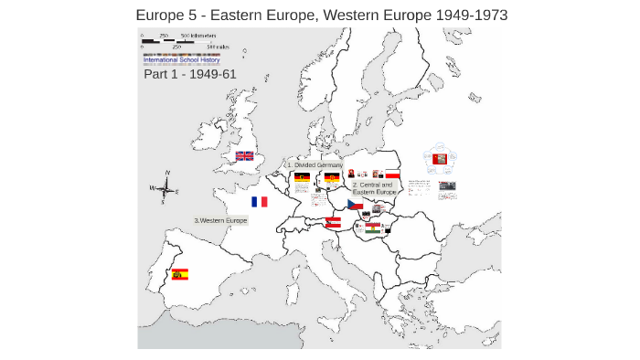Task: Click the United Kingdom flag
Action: [x=244, y=156]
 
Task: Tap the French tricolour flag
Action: [x=260, y=201]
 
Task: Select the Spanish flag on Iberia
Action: [x=180, y=273]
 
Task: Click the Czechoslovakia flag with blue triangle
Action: [x=356, y=205]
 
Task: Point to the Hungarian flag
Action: [x=372, y=228]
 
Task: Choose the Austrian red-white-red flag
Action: [x=334, y=222]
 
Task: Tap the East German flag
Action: [x=333, y=178]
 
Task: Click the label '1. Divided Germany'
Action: [x=314, y=164]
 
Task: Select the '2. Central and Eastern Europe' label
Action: [x=373, y=188]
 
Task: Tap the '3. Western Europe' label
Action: [x=221, y=220]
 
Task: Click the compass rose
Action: [x=165, y=190]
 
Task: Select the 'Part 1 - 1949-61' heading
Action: [x=190, y=74]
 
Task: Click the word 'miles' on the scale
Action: [x=217, y=47]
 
